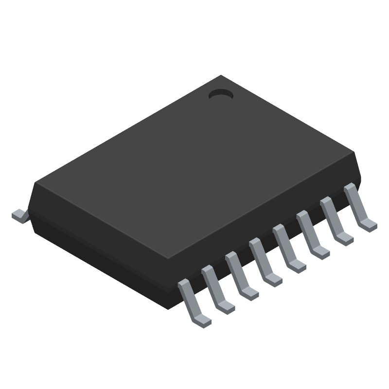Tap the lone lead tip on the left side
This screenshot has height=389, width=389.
click(x=18, y=215)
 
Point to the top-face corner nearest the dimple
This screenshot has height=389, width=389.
click(x=222, y=76)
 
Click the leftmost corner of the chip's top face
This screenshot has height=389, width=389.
click(x=35, y=183)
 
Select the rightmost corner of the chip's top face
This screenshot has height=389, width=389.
click(x=355, y=153)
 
